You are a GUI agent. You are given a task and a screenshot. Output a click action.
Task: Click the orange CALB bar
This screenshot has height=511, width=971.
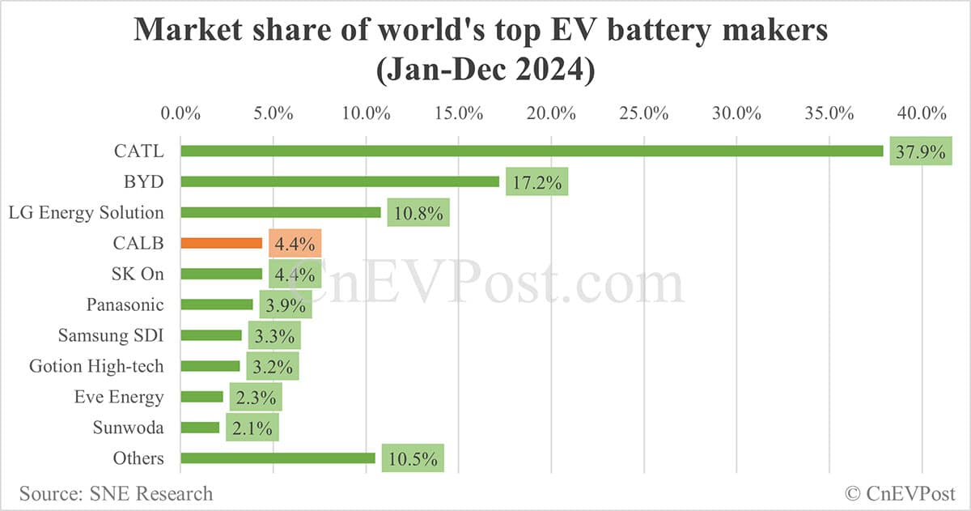[221, 243]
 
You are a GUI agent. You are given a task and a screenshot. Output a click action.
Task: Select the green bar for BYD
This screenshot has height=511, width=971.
[340, 181]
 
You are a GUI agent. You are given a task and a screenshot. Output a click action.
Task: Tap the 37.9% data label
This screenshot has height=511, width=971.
[920, 151]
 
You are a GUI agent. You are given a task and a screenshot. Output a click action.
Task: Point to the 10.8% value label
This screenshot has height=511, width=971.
[418, 212]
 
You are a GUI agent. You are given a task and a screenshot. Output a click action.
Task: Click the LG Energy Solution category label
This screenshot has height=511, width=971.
[86, 212]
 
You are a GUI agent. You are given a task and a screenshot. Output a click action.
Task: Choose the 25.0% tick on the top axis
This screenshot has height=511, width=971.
[644, 113]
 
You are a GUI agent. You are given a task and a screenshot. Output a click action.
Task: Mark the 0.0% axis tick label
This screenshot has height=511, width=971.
[180, 113]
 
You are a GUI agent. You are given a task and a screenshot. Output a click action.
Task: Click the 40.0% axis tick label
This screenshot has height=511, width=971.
[922, 113]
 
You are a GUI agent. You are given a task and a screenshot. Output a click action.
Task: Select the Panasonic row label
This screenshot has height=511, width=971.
[125, 304]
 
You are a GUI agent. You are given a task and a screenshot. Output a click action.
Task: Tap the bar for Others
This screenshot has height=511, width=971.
[278, 458]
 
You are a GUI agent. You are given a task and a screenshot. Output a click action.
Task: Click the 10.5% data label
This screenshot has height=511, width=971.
[413, 458]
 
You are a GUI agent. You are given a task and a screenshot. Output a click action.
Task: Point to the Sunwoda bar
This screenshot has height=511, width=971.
[200, 428]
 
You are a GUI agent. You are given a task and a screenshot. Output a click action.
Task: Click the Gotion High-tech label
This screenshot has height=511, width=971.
[96, 366]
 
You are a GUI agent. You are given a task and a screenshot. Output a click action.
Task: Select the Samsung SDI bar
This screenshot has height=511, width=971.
[211, 335]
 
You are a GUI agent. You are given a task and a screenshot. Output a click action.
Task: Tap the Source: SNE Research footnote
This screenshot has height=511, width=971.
[116, 493]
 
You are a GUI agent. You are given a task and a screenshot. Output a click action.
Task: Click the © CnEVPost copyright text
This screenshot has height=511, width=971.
[900, 493]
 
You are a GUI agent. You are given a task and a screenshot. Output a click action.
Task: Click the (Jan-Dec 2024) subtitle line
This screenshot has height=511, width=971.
[485, 71]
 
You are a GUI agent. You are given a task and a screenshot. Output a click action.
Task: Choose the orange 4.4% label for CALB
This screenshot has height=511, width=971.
[295, 243]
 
